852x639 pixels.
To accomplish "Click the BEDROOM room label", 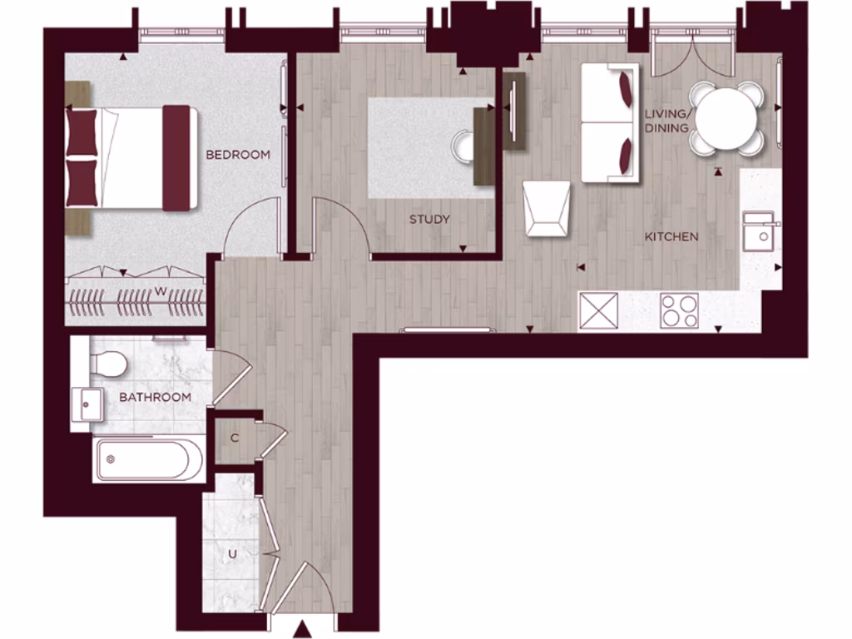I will coord(238,155).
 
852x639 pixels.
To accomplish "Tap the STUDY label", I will coord(429,220).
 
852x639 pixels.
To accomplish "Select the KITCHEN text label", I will coord(671,237).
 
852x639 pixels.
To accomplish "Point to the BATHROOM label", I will coord(155,397).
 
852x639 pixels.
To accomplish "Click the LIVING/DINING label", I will coord(666,121).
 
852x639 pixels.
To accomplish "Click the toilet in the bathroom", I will coord(108,362).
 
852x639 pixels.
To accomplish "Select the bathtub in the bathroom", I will coord(147,460).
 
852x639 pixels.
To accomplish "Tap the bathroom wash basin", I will coord(87,404).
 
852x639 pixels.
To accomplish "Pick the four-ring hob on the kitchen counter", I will coord(679,311).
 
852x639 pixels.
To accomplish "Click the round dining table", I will coord(727,118).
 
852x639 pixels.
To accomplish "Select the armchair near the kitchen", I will coord(547,209).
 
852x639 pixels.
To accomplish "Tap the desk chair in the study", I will coord(462,146).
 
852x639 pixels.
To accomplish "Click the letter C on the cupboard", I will coord(235,438).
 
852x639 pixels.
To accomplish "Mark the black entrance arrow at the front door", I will coord(304,629).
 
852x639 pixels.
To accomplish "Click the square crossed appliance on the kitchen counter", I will coord(599,311).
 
